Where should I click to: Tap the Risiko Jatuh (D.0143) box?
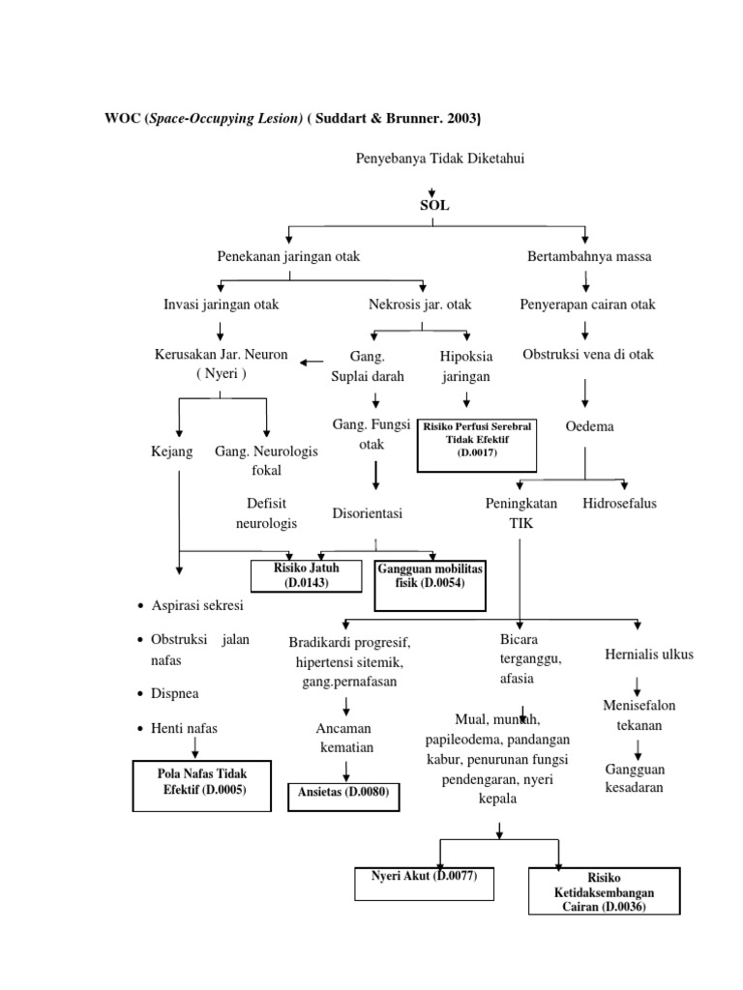point(306,575)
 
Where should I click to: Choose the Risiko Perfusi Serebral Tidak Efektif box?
point(477,445)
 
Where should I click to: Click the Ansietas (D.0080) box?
point(343,795)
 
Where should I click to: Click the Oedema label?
point(589,426)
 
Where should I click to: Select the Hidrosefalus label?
point(620,504)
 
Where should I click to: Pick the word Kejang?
point(173,451)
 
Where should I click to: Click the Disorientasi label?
point(367,512)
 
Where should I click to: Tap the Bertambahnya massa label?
point(589,256)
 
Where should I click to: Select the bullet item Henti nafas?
point(185,726)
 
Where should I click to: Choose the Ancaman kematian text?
point(343,737)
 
